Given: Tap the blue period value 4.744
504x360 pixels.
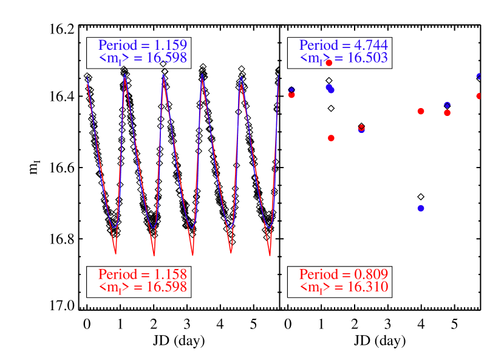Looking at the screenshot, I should tap(371, 45).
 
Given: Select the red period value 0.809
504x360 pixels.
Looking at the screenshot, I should tap(371, 274).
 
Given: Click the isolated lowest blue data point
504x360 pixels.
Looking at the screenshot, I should tap(421, 208).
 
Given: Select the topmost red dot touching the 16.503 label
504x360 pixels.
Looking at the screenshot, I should tap(329, 63).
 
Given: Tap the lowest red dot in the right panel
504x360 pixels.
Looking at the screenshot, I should tap(331, 138).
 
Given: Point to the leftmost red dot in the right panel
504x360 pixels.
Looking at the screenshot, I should tap(291, 95).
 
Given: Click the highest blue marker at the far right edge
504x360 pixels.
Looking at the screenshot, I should tap(478, 76).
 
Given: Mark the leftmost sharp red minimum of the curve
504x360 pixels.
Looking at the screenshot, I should tap(115, 253).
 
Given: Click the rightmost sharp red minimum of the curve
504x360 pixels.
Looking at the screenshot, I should tap(270, 255).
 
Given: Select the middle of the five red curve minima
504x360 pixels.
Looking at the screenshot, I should tap(192, 255).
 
